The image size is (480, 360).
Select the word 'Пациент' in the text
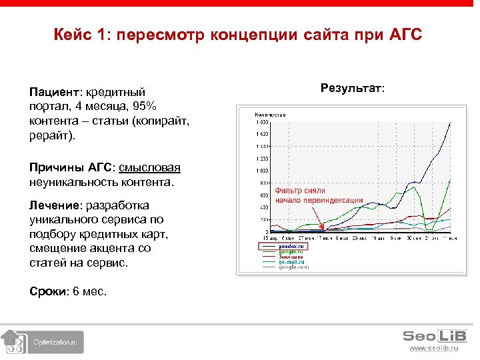point(52,92)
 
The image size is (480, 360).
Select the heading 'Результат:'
point(353,87)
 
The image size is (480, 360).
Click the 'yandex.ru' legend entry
point(291,245)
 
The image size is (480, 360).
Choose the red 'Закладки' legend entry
point(291,256)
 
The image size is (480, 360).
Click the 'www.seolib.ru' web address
point(433,348)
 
